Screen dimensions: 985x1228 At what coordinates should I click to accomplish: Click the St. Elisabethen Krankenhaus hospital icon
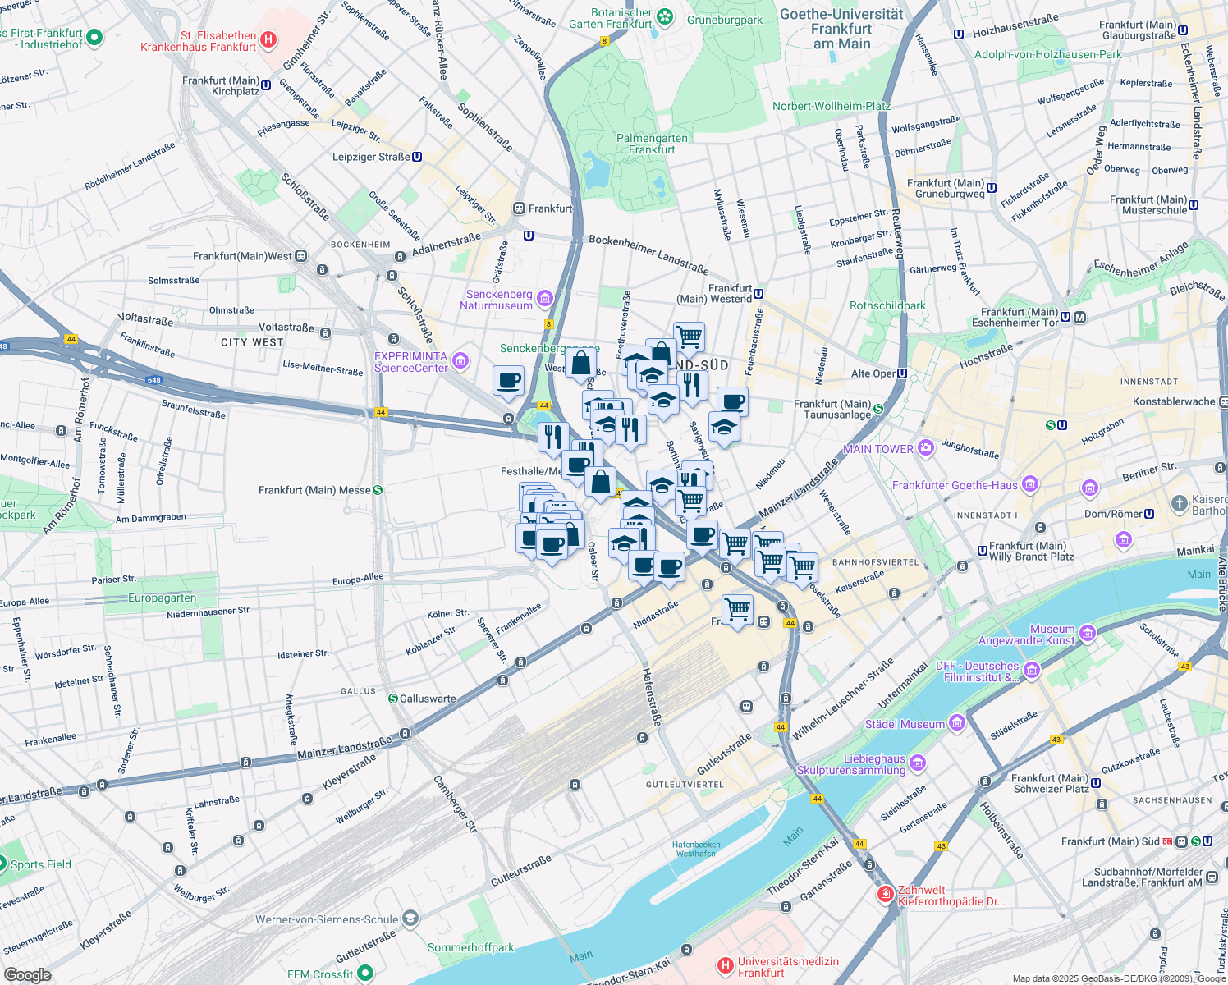tap(268, 39)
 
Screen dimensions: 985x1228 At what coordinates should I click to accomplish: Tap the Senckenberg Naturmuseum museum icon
tap(545, 298)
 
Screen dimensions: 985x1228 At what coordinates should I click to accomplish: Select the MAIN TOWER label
tap(877, 449)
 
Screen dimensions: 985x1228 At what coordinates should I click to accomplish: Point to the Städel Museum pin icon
tap(956, 723)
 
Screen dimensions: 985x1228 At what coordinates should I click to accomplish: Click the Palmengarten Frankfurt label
tap(652, 144)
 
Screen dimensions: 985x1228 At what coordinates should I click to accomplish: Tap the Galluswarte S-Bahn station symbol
tap(393, 699)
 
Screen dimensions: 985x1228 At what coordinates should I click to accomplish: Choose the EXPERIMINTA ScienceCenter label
tap(411, 362)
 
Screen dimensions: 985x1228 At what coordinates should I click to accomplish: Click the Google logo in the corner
tap(27, 974)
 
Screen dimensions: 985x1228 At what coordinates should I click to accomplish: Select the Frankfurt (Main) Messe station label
tap(314, 490)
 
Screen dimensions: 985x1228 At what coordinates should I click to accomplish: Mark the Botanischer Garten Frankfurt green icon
tap(665, 16)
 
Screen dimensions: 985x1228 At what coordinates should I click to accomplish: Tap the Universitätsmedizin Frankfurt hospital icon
tap(725, 966)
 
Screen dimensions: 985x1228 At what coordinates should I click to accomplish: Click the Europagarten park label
tap(162, 598)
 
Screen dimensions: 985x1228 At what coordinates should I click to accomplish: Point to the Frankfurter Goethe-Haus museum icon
tap(1030, 484)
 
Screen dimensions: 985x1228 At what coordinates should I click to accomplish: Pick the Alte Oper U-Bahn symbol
tap(902, 373)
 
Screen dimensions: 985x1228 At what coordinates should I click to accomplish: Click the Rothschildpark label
tap(887, 305)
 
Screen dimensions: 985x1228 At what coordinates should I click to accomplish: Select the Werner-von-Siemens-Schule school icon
tap(410, 919)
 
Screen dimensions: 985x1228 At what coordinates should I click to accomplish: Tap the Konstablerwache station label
tap(1174, 401)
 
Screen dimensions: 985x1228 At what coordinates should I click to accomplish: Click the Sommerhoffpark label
tap(470, 947)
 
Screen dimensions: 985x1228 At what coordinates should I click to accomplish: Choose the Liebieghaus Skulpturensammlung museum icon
tap(918, 763)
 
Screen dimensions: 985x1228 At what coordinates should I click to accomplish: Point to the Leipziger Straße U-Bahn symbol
tap(417, 157)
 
